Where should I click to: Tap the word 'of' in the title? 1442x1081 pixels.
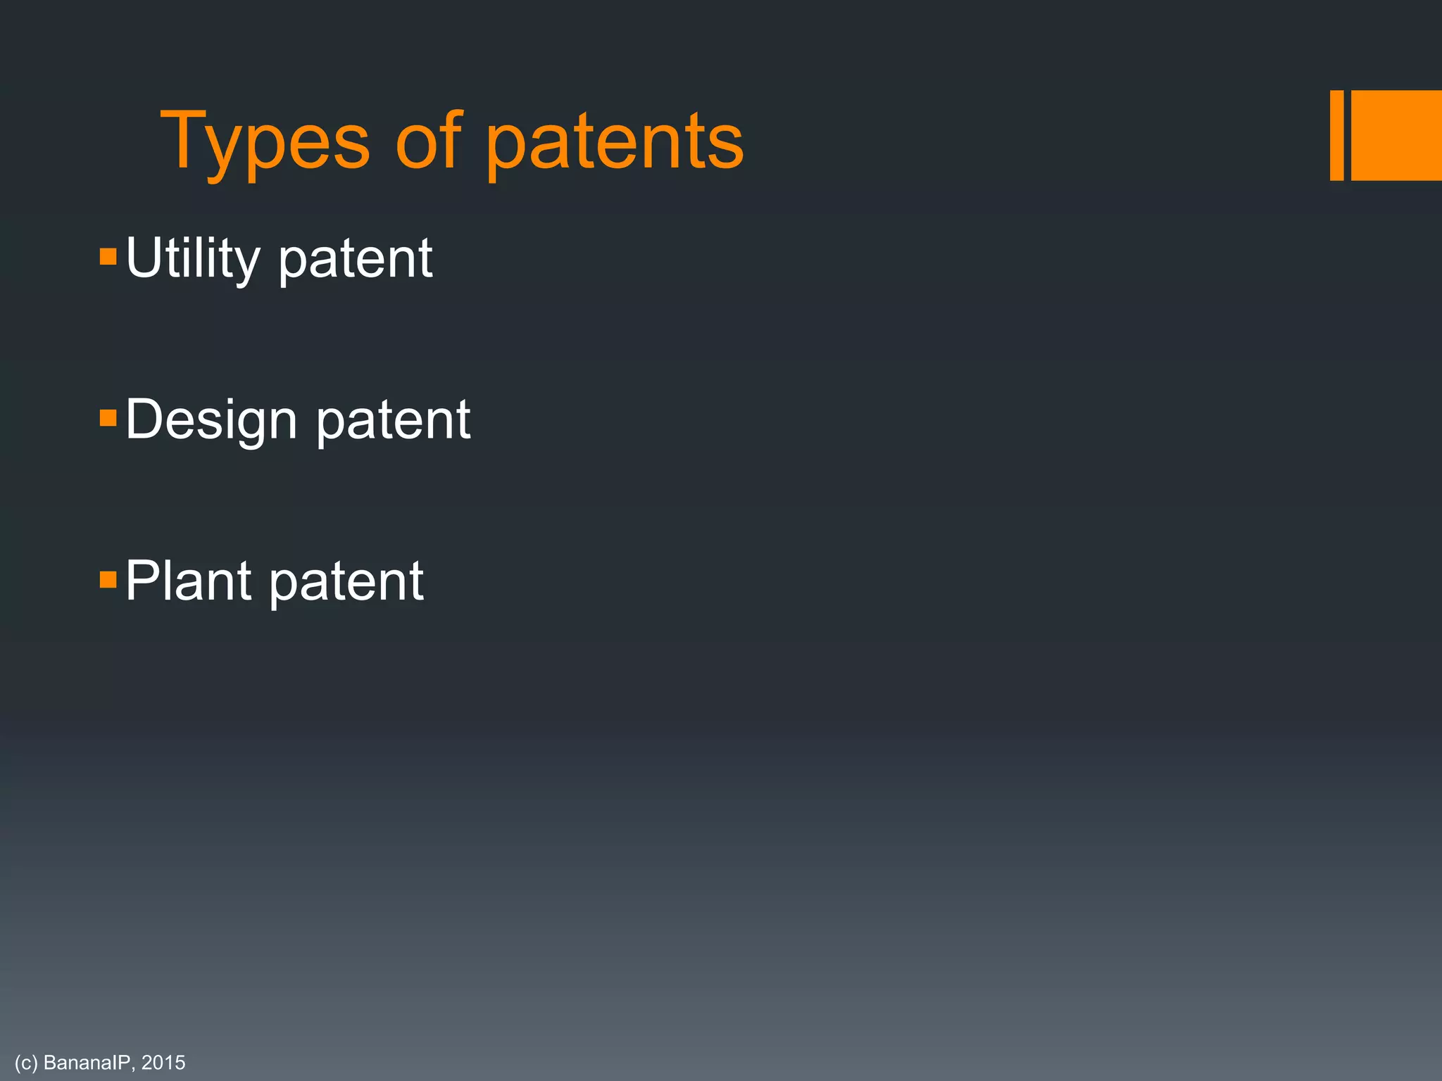[x=428, y=141]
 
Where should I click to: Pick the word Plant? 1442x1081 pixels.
[x=188, y=581]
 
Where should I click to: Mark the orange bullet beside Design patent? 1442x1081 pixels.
[x=108, y=418]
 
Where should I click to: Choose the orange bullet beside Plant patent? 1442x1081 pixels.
[x=108, y=580]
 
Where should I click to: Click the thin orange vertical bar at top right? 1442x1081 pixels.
[x=1336, y=135]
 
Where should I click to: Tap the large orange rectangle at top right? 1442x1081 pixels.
[x=1396, y=135]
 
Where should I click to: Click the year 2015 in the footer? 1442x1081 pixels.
[x=163, y=1063]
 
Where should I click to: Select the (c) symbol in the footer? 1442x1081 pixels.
[x=26, y=1063]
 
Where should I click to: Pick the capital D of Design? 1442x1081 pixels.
[x=144, y=419]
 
